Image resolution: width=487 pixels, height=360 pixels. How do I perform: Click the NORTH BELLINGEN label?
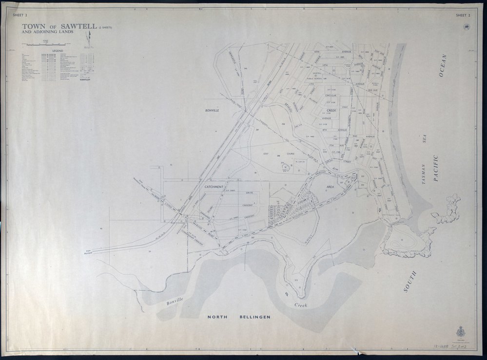tap(239, 317)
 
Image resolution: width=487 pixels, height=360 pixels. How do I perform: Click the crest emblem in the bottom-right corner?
tap(459, 333)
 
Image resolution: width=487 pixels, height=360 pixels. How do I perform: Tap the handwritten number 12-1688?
tap(441, 346)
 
